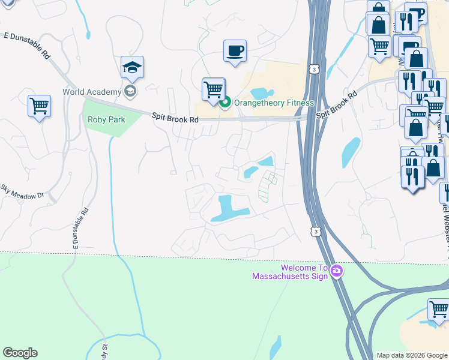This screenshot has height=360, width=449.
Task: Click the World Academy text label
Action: (x=91, y=92)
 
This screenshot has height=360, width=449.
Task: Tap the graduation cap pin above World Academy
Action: (x=132, y=67)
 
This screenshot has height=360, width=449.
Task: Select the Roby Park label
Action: (x=106, y=119)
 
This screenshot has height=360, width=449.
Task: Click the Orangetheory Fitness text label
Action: (x=274, y=103)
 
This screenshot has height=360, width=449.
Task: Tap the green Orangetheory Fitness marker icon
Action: (x=225, y=103)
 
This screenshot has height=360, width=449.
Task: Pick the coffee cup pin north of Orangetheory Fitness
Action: (x=235, y=50)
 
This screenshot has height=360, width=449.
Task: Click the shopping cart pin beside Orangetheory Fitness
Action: (x=213, y=89)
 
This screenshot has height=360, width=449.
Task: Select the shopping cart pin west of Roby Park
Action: (x=39, y=106)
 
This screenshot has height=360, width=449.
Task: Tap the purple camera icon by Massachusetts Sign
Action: (x=336, y=271)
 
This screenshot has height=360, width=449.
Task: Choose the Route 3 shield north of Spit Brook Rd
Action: (x=314, y=70)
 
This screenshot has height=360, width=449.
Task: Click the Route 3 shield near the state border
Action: (x=315, y=231)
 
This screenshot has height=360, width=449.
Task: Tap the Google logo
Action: (x=20, y=353)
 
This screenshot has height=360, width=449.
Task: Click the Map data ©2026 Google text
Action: (x=412, y=355)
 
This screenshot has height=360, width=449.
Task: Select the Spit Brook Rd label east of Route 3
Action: (x=338, y=103)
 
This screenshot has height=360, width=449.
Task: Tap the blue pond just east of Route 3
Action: (x=351, y=152)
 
